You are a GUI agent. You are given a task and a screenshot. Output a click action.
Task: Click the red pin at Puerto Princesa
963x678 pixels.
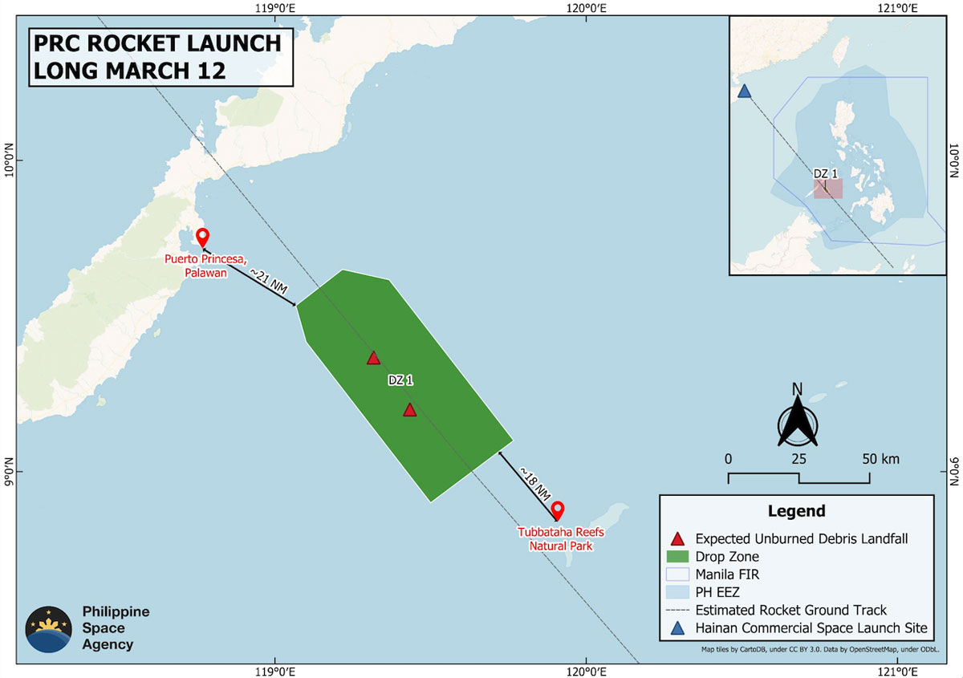(202, 237)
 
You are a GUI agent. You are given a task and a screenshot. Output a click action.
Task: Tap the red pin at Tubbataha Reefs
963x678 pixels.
(557, 510)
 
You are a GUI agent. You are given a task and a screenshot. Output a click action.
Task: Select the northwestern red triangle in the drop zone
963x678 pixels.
(373, 358)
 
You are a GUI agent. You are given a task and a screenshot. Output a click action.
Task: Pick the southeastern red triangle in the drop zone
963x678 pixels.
(410, 410)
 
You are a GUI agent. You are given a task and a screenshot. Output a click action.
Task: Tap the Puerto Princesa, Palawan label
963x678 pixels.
(197, 266)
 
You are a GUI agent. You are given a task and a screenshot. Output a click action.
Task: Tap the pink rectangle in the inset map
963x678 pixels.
(828, 189)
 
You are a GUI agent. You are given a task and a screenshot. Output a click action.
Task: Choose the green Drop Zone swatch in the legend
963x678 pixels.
(678, 557)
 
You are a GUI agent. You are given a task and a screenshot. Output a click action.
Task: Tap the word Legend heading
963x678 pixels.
(796, 511)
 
